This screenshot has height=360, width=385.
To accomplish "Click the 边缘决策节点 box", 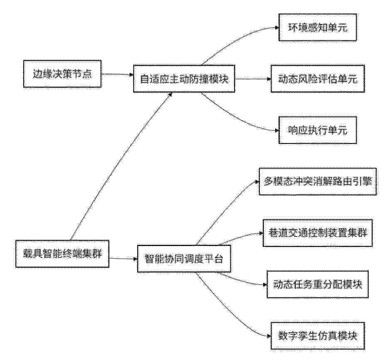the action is [x=62, y=74].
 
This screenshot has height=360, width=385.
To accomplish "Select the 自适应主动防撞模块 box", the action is [x=184, y=79].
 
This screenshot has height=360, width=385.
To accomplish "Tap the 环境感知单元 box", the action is [x=318, y=27].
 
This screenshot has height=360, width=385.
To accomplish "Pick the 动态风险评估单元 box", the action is [x=318, y=79].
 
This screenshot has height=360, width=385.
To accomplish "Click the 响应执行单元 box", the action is [x=318, y=130].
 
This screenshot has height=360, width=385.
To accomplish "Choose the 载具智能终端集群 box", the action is [x=62, y=254].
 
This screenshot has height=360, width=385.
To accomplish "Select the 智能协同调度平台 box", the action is [x=184, y=259].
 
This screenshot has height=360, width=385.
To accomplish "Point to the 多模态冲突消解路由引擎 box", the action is [x=318, y=182].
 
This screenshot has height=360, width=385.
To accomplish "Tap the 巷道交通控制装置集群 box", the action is [x=318, y=233].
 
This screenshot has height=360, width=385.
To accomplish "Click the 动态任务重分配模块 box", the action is [x=318, y=284].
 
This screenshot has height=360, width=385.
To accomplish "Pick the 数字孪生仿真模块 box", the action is [x=318, y=336].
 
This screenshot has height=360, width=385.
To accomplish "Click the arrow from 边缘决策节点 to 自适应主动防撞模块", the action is [x=117, y=74].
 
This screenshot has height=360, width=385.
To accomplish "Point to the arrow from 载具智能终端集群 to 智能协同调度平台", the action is [x=123, y=258].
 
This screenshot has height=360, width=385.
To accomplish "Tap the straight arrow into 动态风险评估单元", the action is [x=253, y=79].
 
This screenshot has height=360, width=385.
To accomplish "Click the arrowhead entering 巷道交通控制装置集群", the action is [x=261, y=233].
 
